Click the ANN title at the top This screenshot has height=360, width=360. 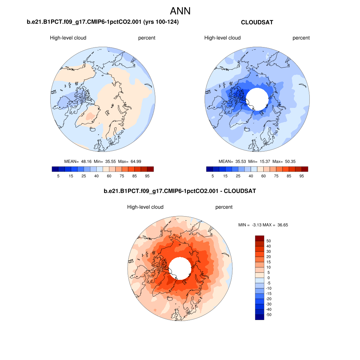click(180, 11)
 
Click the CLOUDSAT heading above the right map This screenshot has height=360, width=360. click(257, 22)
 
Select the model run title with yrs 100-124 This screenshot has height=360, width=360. click(103, 22)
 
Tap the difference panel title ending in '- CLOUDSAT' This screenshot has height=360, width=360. click(180, 191)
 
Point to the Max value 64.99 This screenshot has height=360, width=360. click(144, 161)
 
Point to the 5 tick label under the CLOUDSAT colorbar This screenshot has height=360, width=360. click(213, 176)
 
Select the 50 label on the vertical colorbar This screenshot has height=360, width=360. click(269, 241)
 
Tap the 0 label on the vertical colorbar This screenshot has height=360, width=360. click(269, 278)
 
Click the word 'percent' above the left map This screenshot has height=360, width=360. click(147, 38)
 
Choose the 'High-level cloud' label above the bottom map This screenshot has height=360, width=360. click(145, 207)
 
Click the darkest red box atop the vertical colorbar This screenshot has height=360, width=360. click(259, 238)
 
